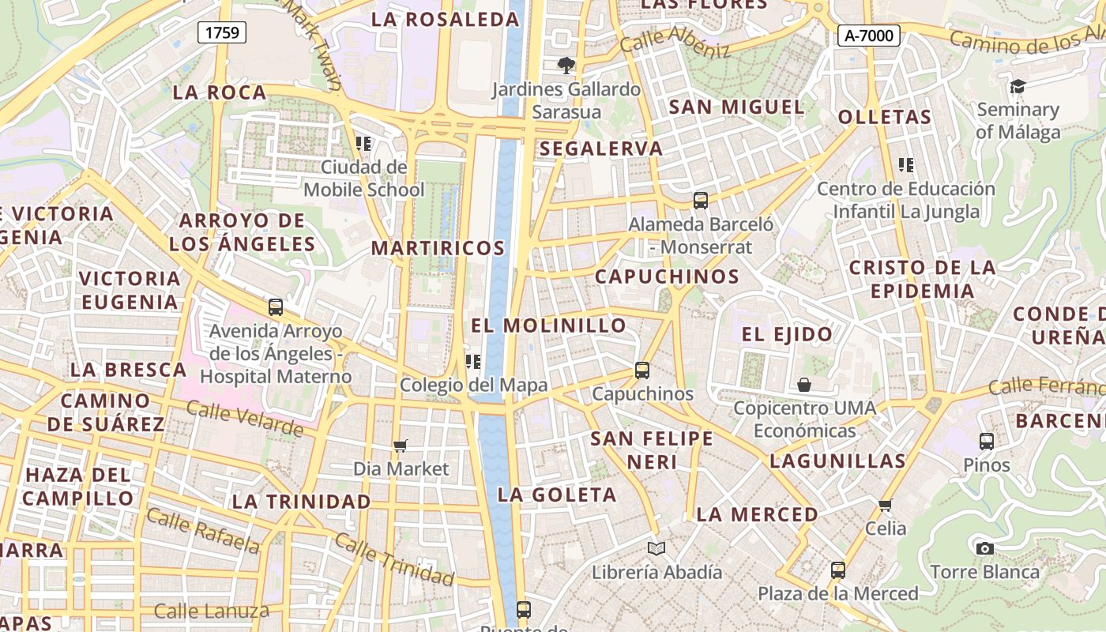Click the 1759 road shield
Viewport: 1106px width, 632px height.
point(222,32)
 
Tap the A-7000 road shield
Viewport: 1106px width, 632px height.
point(869,35)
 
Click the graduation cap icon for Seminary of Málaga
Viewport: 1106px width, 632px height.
point(1018,86)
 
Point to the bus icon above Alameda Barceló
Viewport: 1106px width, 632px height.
point(701,201)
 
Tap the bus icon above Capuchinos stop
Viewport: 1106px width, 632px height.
point(642,370)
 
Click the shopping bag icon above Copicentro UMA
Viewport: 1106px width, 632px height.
point(804,385)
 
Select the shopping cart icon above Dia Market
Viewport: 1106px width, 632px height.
point(401,446)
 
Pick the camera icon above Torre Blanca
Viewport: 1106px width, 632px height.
point(984,548)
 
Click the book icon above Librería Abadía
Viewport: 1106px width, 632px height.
point(656,548)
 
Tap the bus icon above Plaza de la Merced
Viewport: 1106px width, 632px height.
point(838,570)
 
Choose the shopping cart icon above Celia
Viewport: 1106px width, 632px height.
point(886,505)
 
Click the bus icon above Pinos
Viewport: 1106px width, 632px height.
point(987,442)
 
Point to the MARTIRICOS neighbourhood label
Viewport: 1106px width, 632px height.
point(438,248)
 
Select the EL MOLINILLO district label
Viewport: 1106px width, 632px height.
point(548,325)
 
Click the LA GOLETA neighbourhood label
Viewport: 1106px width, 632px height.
point(556,495)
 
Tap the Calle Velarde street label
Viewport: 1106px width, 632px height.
point(245,419)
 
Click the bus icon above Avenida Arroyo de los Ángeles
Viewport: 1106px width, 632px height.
point(276,307)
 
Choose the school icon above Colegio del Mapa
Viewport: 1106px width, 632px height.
point(473,362)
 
